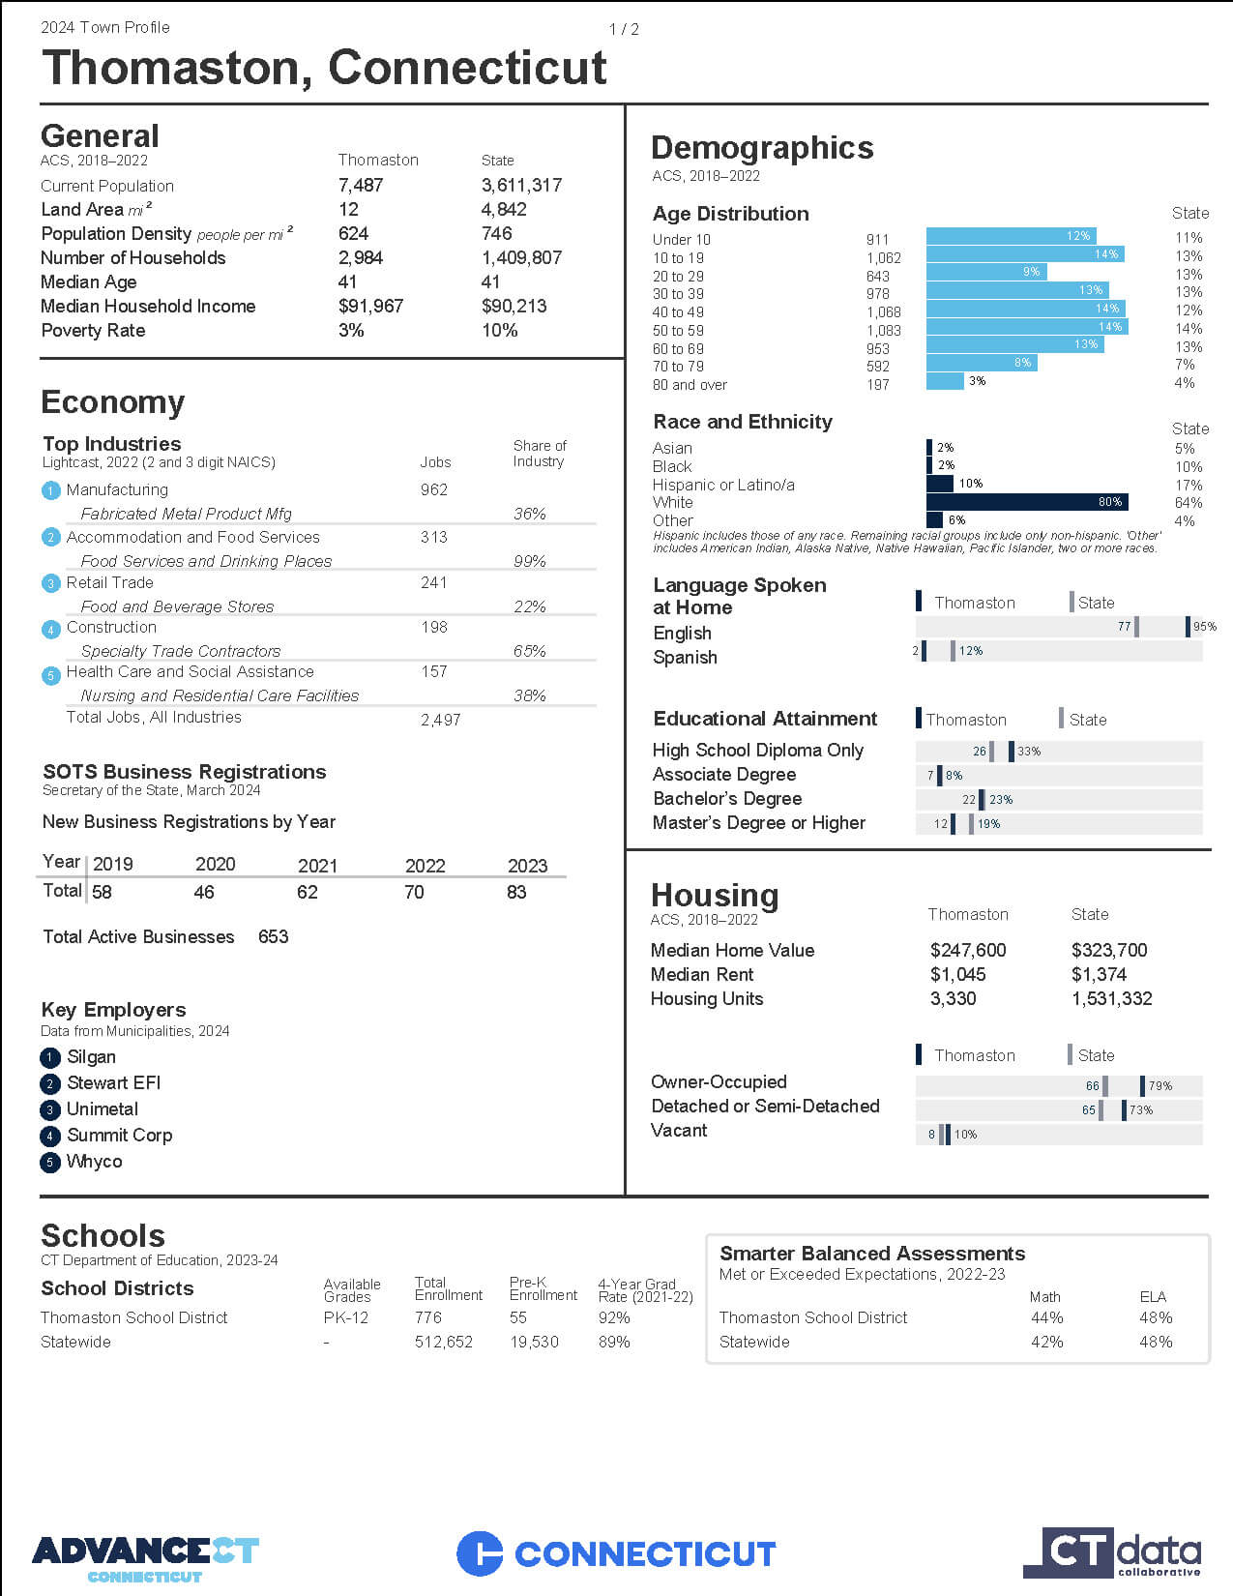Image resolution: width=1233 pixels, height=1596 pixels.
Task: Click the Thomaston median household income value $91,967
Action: coord(370,307)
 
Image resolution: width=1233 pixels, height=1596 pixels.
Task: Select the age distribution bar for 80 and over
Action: coord(945,381)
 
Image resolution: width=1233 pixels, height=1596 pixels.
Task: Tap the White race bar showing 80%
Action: coord(1027,502)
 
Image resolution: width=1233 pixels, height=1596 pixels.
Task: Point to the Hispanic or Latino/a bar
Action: coord(939,484)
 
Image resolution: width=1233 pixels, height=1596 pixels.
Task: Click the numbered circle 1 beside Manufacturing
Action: coord(50,490)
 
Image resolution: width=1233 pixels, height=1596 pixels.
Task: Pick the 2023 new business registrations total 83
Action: coord(516,893)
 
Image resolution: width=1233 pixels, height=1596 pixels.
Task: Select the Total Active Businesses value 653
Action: coord(273,936)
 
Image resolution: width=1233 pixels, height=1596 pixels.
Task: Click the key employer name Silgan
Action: coord(91,1057)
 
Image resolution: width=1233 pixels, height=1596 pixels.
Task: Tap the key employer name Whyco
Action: coord(94,1161)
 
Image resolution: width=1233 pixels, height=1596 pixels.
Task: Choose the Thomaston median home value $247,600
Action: coord(968,951)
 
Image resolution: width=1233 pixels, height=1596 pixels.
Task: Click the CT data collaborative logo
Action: coord(1112,1552)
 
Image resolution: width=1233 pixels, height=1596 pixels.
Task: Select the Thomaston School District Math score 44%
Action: coord(1046,1317)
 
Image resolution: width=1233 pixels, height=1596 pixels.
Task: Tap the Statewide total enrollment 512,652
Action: coord(444,1342)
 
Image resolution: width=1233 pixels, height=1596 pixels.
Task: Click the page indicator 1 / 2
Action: coord(624,29)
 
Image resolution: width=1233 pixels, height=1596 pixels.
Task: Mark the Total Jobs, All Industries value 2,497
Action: coord(441,720)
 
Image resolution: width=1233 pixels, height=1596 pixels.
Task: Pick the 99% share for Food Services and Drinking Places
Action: coord(530,561)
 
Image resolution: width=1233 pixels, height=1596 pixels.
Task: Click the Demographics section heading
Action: coord(762,148)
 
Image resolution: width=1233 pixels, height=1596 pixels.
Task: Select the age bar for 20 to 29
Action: coord(986,272)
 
